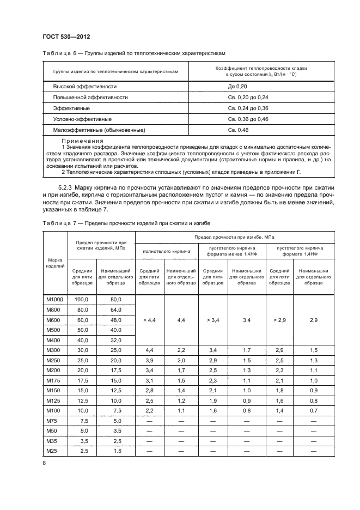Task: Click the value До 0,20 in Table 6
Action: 238,87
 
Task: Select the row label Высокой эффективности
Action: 84,87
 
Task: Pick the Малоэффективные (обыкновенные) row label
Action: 99,130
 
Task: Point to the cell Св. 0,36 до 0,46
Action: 248,119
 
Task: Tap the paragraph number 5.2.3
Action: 68,188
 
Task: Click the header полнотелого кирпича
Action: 166,252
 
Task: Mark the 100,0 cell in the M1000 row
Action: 82,300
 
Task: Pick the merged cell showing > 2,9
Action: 279,320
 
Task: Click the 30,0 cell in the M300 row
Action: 82,349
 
